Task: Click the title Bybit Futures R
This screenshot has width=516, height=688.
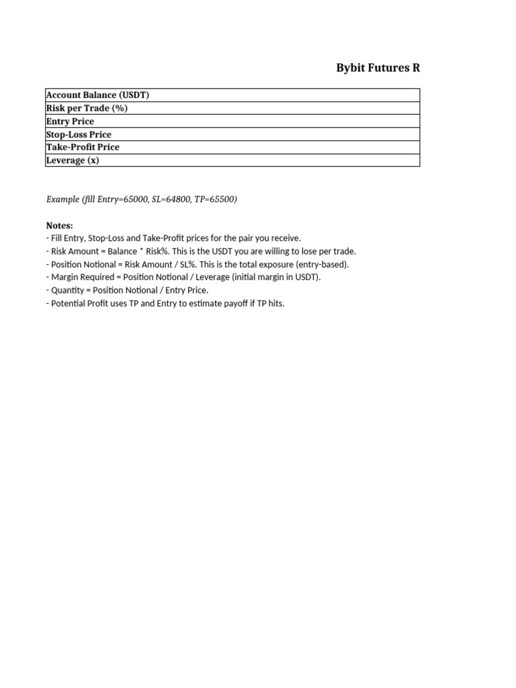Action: (x=378, y=68)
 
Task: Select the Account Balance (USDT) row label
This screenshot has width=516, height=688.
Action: (x=97, y=95)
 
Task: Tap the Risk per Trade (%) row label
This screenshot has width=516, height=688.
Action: (x=87, y=108)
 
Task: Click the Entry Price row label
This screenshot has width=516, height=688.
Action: (x=70, y=122)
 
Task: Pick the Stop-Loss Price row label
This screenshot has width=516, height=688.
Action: (x=79, y=134)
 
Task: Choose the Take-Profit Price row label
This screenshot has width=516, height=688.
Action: (x=83, y=147)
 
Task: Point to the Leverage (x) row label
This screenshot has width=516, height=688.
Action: (x=73, y=161)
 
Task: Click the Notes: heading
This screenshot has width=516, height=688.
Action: (x=60, y=226)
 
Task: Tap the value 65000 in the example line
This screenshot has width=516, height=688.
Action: (x=135, y=200)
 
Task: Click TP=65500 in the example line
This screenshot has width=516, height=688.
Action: (x=216, y=200)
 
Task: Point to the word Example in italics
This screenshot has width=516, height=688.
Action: (x=62, y=200)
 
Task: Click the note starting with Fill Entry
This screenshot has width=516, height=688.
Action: (x=173, y=239)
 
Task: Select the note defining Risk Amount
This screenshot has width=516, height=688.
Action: (x=201, y=251)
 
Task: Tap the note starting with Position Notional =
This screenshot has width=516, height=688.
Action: (x=198, y=264)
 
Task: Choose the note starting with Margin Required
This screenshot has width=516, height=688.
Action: (x=183, y=277)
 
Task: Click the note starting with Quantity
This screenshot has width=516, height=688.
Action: (x=127, y=290)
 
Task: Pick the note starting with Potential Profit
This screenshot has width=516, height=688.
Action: (x=165, y=304)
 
